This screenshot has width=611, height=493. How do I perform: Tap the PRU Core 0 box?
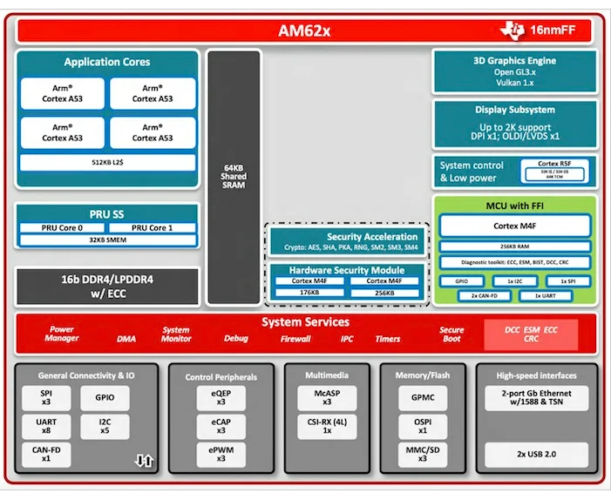[x=62, y=227]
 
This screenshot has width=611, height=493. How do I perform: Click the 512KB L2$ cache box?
[x=107, y=162]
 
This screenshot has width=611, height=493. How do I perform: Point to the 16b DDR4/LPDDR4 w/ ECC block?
[x=107, y=286]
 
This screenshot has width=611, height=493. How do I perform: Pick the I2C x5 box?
[x=105, y=427]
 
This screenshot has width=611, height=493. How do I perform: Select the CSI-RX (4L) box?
[x=327, y=427]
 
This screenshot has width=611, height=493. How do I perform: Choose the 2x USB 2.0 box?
[x=536, y=456]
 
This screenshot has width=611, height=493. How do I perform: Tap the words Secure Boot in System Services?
[x=451, y=334]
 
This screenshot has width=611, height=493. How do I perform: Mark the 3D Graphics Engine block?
[x=515, y=72]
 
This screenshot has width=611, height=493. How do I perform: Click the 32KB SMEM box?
[x=107, y=240]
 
